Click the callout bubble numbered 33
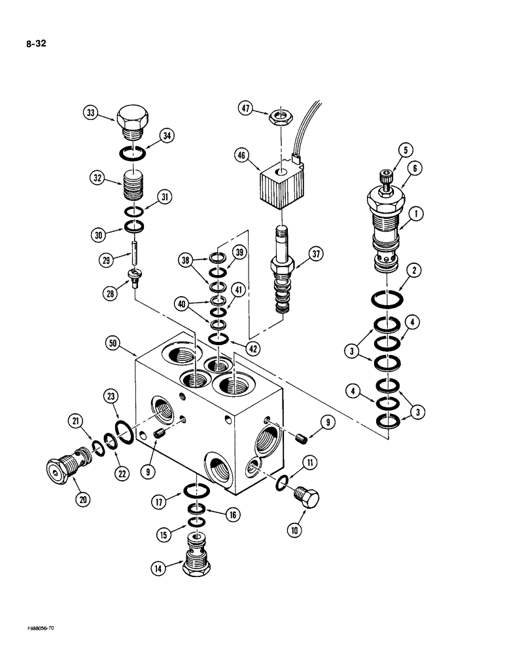[x=91, y=112]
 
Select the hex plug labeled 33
[x=134, y=122]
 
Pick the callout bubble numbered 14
[x=158, y=569]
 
